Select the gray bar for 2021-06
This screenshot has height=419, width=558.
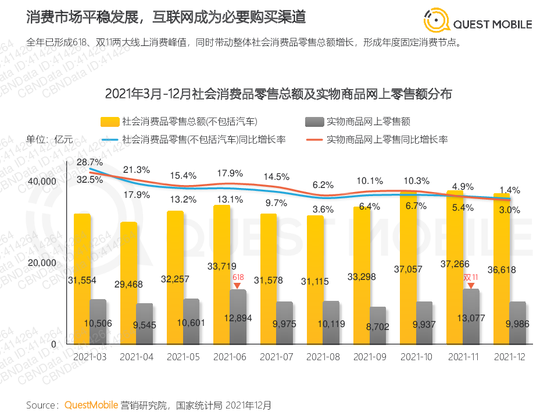[x=238, y=317]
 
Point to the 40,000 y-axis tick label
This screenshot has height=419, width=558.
[x=43, y=182]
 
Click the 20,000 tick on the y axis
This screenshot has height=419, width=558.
[x=43, y=262]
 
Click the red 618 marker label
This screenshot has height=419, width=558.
[x=238, y=278]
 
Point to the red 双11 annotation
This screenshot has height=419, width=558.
[x=471, y=278]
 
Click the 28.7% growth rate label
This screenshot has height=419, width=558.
[x=90, y=162]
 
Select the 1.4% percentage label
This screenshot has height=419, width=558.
[x=509, y=190]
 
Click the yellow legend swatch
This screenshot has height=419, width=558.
[x=110, y=122]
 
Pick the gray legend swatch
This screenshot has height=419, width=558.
[x=314, y=122]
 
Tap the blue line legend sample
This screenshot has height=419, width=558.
[x=110, y=140]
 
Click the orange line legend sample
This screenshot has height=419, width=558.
[x=314, y=140]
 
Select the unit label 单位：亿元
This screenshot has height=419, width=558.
[x=49, y=140]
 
